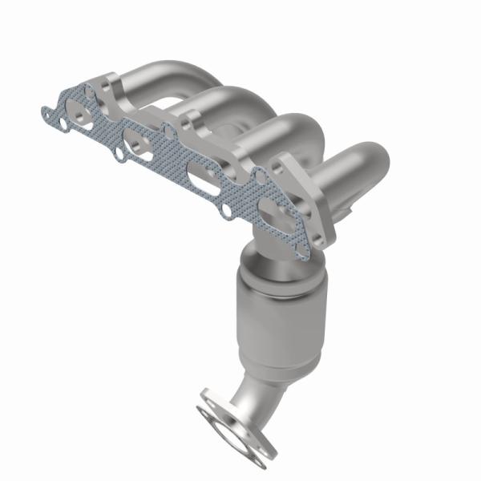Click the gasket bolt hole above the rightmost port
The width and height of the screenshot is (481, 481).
click(x=259, y=174)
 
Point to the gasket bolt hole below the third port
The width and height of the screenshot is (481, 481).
click(x=228, y=210)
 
